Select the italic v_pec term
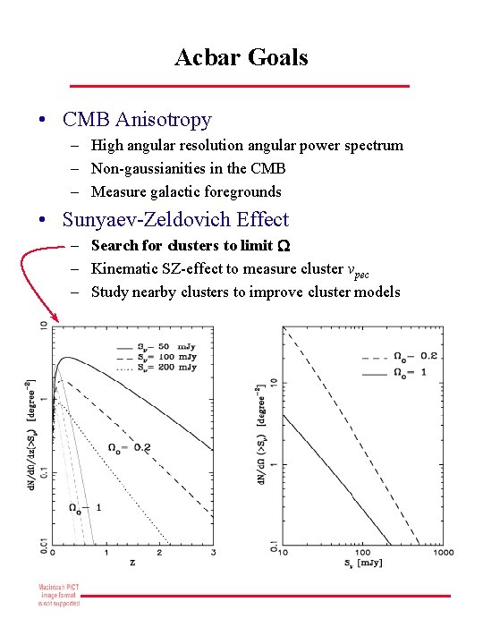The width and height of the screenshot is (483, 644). click(x=356, y=269)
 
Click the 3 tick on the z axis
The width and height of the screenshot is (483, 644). click(x=214, y=554)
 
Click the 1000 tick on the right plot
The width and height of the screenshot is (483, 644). click(x=442, y=554)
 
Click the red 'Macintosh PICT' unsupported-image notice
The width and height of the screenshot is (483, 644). click(x=58, y=595)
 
